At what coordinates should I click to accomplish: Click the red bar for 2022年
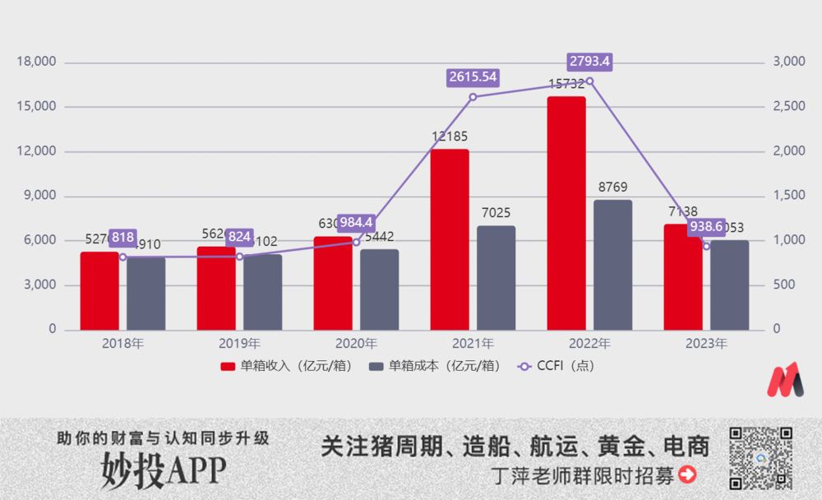point(566,213)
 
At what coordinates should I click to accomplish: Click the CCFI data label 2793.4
point(589,62)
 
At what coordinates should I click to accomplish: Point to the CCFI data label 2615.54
point(473,77)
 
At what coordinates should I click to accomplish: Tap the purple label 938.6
point(706,227)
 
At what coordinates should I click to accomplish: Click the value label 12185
point(450,136)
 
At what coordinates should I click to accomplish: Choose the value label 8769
point(612,187)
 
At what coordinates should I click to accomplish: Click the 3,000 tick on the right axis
point(787,62)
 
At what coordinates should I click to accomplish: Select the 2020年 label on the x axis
point(356,344)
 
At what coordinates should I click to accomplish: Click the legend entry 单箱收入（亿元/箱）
point(285,366)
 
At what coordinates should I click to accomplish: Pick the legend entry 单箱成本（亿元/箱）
point(435,366)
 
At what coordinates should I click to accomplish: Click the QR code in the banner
point(760,458)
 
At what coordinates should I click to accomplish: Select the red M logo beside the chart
point(785,380)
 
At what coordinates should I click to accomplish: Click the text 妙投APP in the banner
point(164,469)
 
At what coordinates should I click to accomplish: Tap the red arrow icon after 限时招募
point(686,475)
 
